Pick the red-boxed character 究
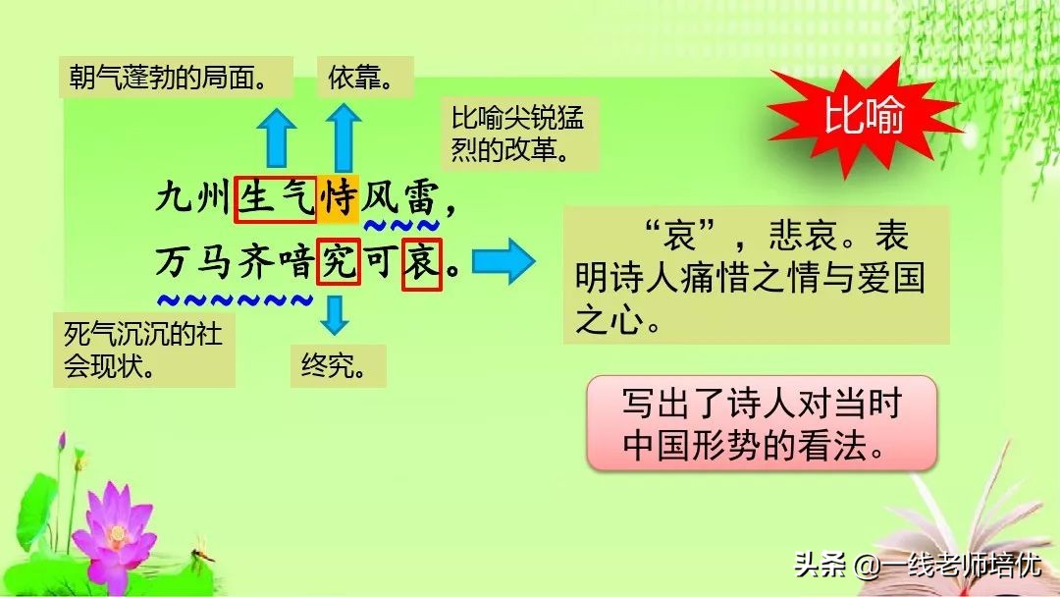[x=338, y=262]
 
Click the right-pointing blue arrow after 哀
[x=503, y=262]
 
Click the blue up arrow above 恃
[x=343, y=136]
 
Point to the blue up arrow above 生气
[x=277, y=136]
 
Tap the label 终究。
[x=337, y=365]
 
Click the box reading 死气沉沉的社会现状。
[x=143, y=350]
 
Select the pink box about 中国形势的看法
[x=761, y=421]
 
